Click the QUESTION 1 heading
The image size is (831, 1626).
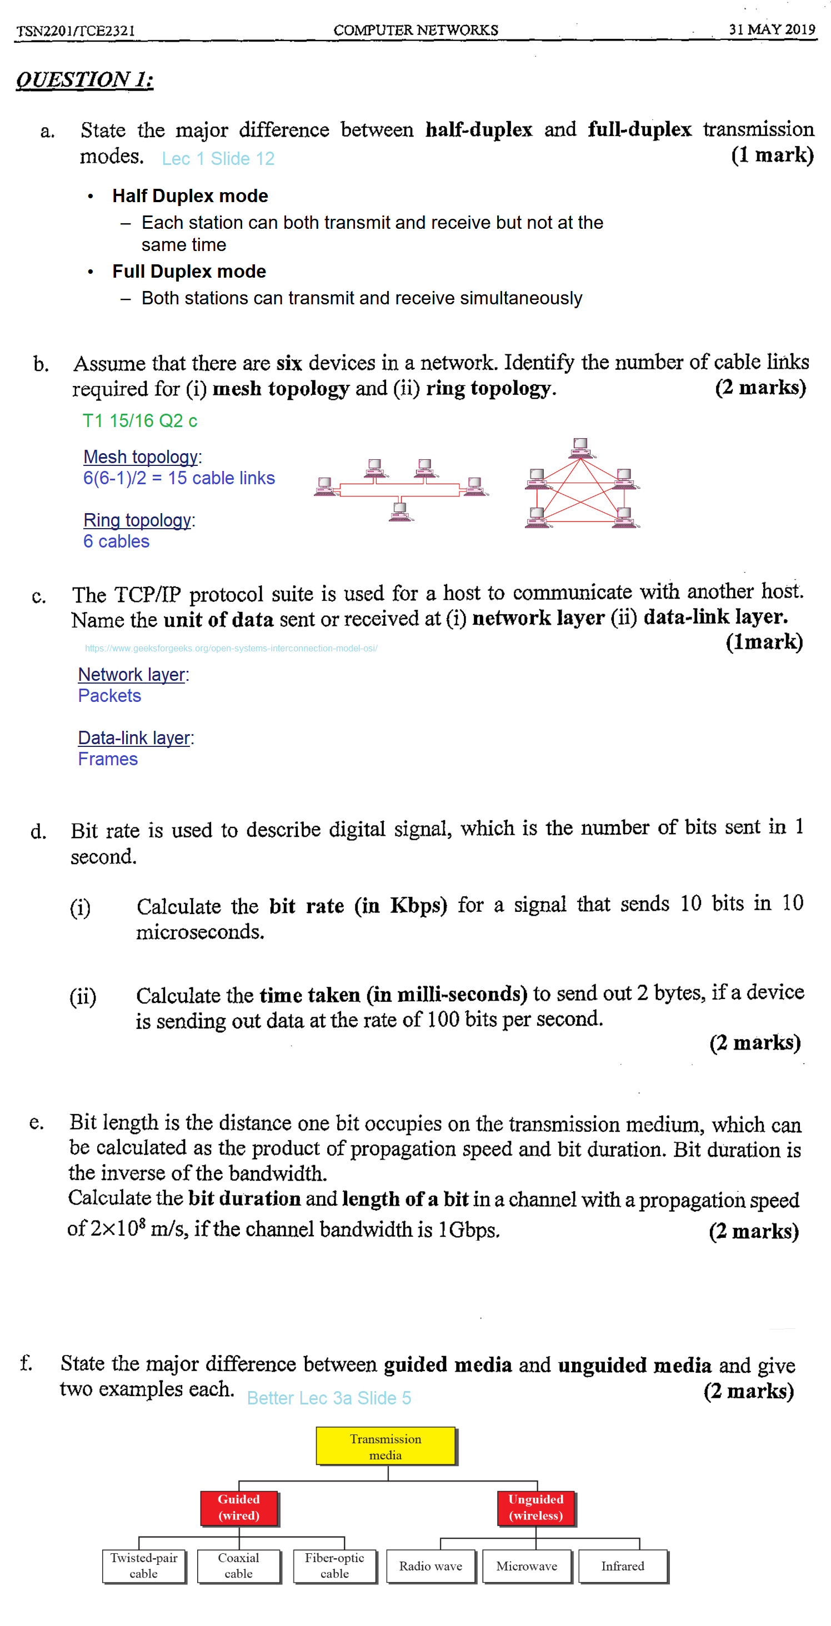pos(84,79)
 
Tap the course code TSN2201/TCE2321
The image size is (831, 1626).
pos(76,31)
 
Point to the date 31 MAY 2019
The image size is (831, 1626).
pos(772,29)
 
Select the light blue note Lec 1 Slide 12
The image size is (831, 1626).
pos(218,158)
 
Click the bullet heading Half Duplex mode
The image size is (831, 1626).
pos(189,195)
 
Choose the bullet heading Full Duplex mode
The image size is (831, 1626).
pos(189,272)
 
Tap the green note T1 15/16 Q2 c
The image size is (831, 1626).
pos(139,420)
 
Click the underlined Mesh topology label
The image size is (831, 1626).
pos(141,456)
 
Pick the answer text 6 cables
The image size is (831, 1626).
pos(116,541)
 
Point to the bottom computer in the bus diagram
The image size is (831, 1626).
pos(401,511)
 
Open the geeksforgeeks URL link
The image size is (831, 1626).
pos(231,648)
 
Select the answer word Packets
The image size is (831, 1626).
pos(109,696)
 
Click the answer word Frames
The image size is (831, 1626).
pos(107,759)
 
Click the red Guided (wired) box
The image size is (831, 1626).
pos(239,1507)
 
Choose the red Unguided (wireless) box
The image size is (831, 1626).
pos(535,1507)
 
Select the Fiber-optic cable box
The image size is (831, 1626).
pos(334,1565)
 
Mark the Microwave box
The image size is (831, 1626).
pos(527,1565)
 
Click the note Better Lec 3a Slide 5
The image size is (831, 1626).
pos(328,1398)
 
